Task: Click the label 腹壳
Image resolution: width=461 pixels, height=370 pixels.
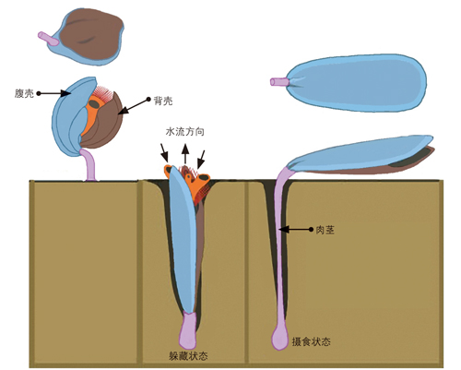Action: (24, 93)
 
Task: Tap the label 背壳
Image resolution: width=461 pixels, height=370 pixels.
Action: (163, 101)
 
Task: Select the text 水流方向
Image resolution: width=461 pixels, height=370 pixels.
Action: (185, 132)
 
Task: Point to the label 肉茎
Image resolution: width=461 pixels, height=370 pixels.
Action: (325, 230)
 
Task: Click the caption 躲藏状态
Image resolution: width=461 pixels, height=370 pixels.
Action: (188, 355)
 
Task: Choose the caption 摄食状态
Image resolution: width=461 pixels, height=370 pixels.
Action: (311, 341)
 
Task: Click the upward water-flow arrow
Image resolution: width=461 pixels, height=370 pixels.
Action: (185, 154)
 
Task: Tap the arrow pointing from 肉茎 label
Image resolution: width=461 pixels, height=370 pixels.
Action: (296, 229)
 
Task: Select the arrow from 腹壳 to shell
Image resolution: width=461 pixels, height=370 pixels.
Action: (54, 93)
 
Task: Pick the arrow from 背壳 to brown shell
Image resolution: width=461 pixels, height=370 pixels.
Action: (135, 106)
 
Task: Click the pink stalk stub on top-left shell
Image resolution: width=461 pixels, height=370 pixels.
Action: (48, 39)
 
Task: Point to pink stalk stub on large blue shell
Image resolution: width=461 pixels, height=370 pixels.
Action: (279, 82)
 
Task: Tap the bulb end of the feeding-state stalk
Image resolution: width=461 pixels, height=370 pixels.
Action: (279, 339)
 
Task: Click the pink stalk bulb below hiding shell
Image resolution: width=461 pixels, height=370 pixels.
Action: (187, 329)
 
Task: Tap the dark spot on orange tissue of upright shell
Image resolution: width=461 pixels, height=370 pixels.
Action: (94, 104)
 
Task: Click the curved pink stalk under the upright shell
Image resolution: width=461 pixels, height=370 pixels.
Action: (89, 164)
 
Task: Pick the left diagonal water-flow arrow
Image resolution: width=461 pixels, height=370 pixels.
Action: (164, 152)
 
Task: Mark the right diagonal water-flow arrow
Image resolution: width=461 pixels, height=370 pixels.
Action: (200, 160)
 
